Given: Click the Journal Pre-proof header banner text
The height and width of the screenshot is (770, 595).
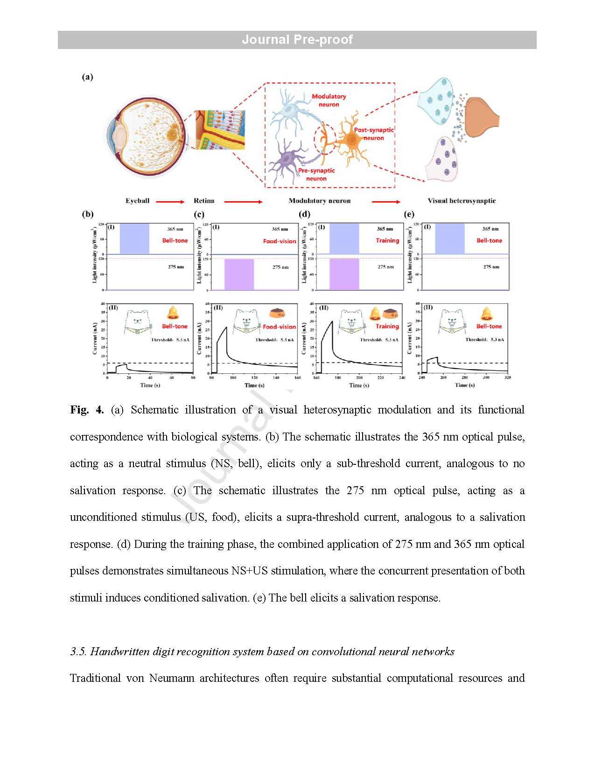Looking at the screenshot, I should [297, 40].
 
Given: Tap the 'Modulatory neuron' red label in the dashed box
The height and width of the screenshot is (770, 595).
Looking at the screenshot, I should [329, 100].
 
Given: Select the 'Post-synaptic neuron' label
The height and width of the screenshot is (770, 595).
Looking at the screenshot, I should [373, 134].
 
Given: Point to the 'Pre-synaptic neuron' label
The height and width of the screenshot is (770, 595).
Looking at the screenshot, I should [316, 175].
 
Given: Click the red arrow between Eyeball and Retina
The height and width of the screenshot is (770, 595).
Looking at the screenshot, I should [170, 202].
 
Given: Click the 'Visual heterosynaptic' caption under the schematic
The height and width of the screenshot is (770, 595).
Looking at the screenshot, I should [462, 201].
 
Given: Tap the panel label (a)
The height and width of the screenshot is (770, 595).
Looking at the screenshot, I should [88, 77].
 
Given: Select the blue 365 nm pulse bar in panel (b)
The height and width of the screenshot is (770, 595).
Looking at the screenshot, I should [134, 238].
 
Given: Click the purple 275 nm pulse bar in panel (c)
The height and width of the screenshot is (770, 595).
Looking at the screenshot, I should [239, 274].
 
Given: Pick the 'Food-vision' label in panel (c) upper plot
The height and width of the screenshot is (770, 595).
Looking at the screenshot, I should [279, 241].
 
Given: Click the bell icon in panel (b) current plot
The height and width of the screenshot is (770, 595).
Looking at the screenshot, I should [173, 313].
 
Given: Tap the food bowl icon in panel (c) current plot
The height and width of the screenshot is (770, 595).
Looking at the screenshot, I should [277, 313].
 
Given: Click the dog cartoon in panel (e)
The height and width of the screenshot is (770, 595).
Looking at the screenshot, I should [452, 322].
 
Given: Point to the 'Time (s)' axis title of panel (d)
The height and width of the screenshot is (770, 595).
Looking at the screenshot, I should [359, 385].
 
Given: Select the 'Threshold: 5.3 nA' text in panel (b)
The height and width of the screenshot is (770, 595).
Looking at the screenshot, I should [170, 340].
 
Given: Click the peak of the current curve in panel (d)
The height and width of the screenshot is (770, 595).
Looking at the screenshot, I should [332, 322].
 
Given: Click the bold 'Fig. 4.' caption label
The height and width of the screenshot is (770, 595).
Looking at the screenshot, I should [87, 410].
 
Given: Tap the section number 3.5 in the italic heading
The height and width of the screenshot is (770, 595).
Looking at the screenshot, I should [77, 651].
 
